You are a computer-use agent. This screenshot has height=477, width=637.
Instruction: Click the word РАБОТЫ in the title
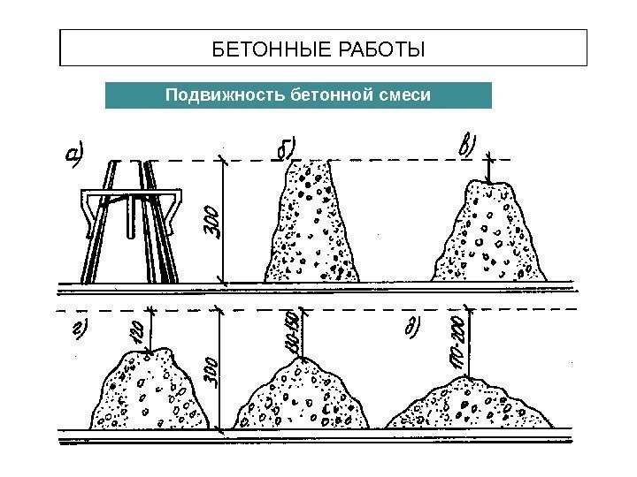378,47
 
